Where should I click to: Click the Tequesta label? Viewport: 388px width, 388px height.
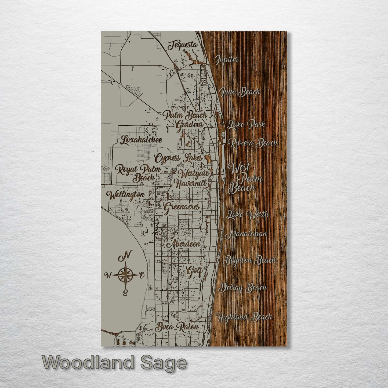183,45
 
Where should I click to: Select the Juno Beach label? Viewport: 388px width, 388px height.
240,92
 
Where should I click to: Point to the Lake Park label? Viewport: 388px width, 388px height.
246,124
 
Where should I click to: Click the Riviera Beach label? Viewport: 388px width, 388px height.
252,143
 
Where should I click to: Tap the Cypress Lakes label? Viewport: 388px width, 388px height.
178,158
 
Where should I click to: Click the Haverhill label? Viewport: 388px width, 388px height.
191,183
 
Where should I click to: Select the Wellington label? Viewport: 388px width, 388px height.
125,195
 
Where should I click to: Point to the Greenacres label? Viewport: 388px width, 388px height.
182,207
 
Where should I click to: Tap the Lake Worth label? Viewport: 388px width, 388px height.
247,215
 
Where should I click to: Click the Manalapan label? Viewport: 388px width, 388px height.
245,234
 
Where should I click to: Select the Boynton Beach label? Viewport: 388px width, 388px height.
249,260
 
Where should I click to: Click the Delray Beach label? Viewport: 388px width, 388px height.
242,288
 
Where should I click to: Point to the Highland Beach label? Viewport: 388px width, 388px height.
244,317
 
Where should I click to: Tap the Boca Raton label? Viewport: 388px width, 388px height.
177,327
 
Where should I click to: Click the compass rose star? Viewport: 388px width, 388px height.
125,274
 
